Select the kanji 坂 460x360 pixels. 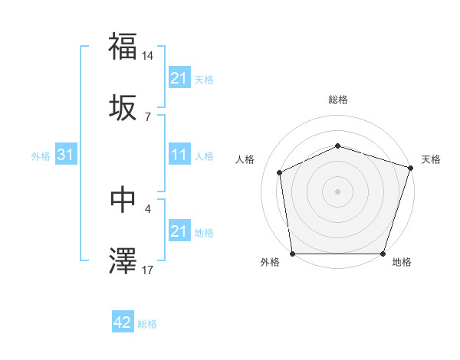pos(123,109)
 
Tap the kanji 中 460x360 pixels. pos(123,199)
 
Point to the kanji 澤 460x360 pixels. pos(123,260)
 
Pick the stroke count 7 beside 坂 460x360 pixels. pos(148,117)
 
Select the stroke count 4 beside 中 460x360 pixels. pos(148,208)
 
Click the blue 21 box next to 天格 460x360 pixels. pos(179,78)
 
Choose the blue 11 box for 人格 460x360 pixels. pos(179,155)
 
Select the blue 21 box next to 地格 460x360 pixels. pos(179,231)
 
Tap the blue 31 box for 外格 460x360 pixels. pos(65,155)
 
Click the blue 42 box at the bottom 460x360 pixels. pos(123,322)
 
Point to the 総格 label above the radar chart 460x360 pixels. pos(338,100)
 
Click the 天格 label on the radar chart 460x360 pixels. pos(431,159)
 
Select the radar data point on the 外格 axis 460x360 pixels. pos(293,254)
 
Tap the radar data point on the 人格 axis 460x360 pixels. pos(280,172)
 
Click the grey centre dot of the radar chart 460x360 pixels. pos(338,191)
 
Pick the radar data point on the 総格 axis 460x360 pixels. pos(338,146)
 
